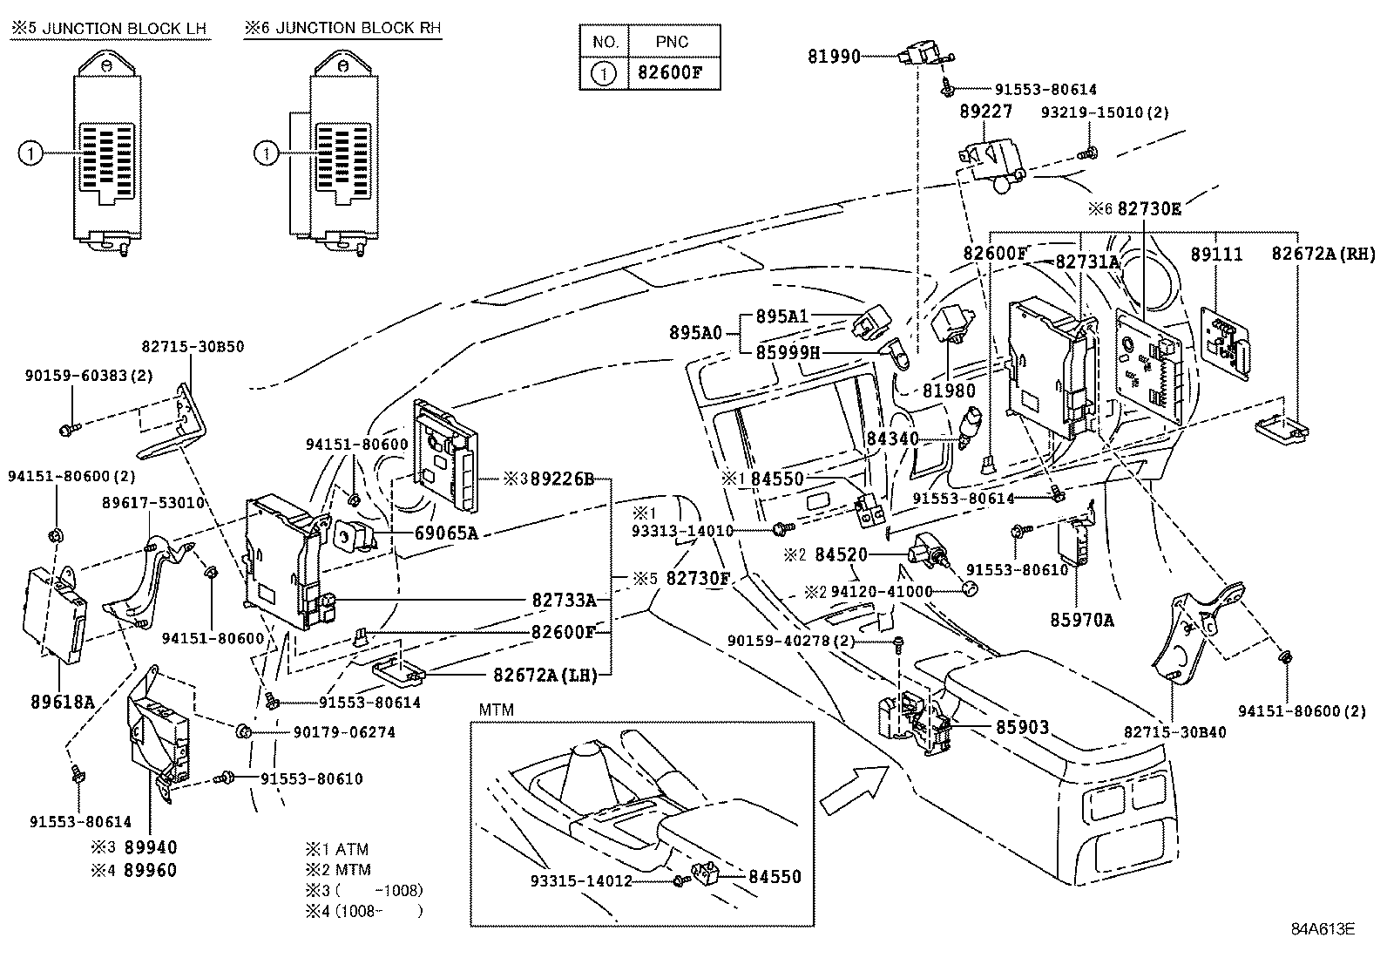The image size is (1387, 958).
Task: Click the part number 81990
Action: click(834, 57)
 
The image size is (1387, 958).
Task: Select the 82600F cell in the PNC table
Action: click(674, 72)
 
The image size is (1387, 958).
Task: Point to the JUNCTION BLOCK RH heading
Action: click(342, 29)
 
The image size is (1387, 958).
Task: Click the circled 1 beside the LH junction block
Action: click(29, 154)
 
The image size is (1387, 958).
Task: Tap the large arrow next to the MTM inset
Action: click(854, 789)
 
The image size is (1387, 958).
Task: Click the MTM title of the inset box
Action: click(496, 710)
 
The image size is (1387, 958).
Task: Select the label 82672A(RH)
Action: click(1323, 255)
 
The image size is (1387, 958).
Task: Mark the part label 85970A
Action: click(1081, 620)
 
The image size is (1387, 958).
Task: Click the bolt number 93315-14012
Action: click(581, 880)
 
